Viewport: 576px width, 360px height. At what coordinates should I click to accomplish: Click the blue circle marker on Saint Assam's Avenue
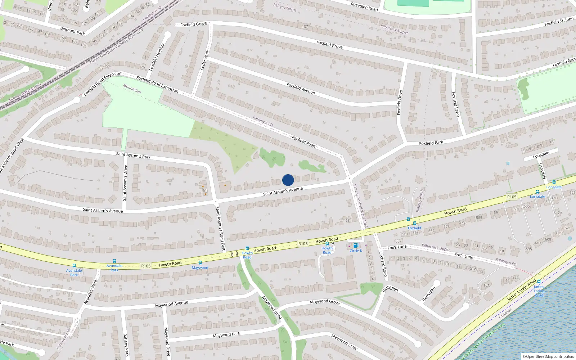tap(288, 180)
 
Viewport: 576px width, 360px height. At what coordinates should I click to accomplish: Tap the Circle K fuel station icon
tap(356, 246)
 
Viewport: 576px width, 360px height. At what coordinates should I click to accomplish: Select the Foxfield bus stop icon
tap(415, 223)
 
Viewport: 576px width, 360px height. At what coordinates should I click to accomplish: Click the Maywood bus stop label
tap(200, 268)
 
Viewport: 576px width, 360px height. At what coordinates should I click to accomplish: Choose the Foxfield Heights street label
tap(157, 57)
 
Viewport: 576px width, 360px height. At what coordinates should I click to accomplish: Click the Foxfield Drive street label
tap(400, 103)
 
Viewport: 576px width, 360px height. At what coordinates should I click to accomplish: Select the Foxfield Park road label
tap(431, 143)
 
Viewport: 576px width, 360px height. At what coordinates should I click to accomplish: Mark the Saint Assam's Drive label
tap(125, 183)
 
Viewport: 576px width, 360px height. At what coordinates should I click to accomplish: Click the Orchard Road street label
tap(383, 264)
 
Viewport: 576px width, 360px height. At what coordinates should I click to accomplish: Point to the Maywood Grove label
tap(325, 302)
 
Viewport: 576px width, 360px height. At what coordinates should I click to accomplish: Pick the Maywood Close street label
tap(345, 342)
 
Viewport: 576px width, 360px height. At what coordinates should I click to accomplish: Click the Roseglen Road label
tap(364, 6)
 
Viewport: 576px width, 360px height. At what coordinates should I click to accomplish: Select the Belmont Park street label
tap(72, 31)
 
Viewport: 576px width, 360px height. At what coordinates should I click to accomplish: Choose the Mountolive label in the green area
tap(132, 89)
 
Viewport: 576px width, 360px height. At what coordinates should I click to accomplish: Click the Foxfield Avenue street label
tap(301, 89)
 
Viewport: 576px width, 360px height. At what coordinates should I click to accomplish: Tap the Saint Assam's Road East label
tap(220, 228)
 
